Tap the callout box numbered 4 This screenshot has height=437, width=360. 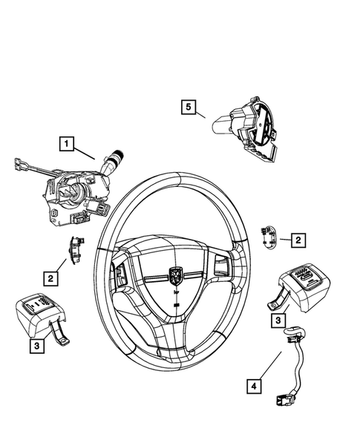point(253,386)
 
